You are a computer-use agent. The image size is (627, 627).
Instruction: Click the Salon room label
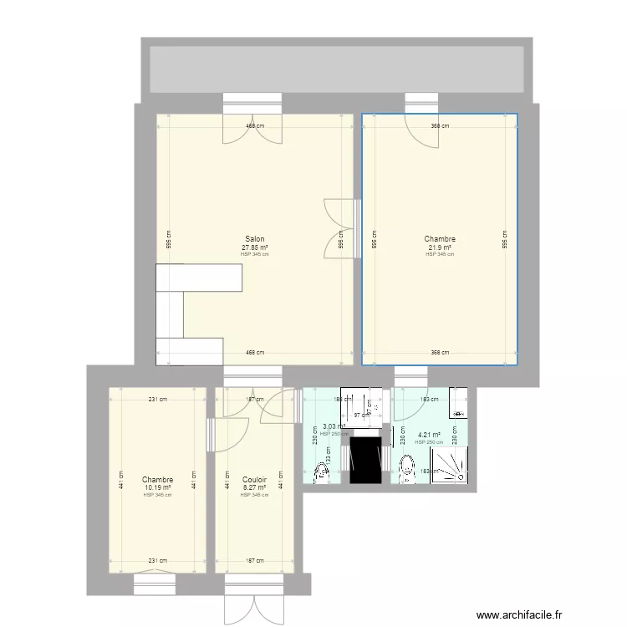pos(254,239)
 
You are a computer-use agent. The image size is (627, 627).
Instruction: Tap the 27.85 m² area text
pos(254,247)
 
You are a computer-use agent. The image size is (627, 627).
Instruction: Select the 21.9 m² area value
pos(439,247)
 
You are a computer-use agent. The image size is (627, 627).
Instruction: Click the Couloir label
pos(254,480)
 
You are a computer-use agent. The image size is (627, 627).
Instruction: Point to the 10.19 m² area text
pos(157,487)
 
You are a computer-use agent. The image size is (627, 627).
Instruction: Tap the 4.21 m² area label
pos(429,434)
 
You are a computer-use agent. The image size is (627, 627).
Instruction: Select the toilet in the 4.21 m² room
pos(407,469)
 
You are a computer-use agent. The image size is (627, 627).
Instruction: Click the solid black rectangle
pos(365,461)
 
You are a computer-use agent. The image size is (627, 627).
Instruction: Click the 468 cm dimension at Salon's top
pos(254,126)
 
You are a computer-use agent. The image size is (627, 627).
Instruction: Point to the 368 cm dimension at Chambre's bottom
pos(439,352)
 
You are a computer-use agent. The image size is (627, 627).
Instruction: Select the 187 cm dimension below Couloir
pos(254,561)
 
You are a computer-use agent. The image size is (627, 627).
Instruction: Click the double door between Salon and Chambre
pos(341,229)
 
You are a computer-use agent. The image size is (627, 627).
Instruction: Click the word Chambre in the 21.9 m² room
pos(439,239)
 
